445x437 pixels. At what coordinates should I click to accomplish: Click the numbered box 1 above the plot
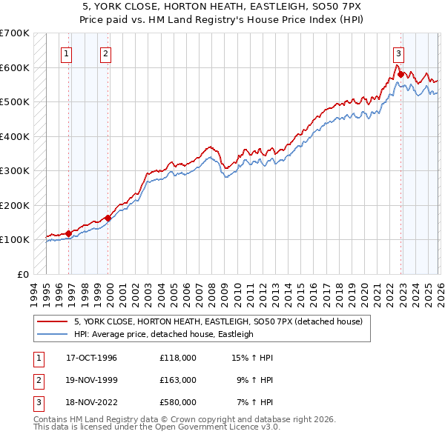[67, 53]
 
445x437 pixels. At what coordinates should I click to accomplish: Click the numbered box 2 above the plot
[106, 53]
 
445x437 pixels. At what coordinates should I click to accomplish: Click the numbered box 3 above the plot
[398, 53]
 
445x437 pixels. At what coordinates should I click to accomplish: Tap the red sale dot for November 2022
[400, 75]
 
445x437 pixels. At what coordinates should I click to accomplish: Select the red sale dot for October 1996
[69, 233]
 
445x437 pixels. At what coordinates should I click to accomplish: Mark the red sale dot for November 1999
[108, 218]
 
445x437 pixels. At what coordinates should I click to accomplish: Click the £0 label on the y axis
[23, 274]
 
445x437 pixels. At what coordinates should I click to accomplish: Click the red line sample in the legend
[53, 321]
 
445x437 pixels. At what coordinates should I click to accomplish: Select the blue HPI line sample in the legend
[53, 334]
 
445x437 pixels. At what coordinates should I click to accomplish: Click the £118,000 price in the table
[177, 358]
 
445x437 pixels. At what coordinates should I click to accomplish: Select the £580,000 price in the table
[177, 402]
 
